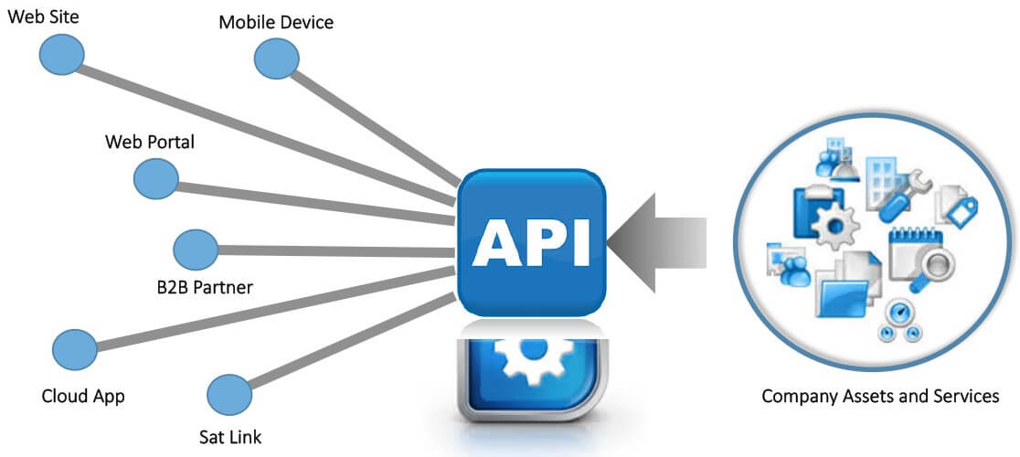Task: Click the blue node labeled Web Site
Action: [61, 56]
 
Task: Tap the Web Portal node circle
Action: [156, 178]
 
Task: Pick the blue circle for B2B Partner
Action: [195, 249]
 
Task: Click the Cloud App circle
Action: [75, 350]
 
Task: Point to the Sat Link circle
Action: [229, 394]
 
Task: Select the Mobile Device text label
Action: [276, 21]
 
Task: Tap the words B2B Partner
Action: [205, 287]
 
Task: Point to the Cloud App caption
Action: [83, 397]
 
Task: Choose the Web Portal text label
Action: [150, 142]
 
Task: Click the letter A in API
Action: [495, 242]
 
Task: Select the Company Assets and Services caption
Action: [880, 397]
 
